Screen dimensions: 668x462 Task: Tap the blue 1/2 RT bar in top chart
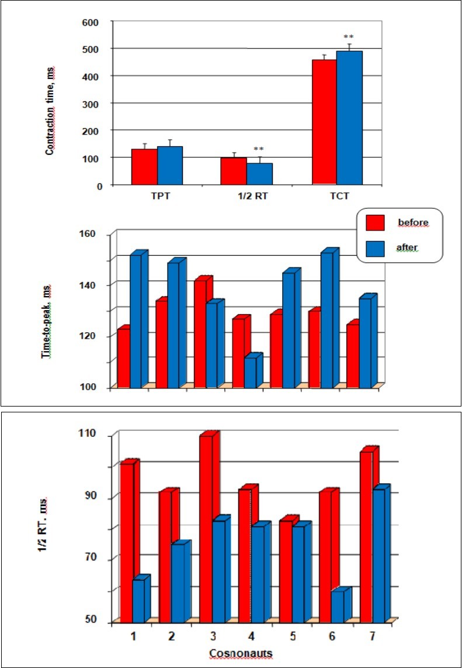[259, 174]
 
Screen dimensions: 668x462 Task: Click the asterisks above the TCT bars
[349, 37]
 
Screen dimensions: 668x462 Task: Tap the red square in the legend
[375, 223]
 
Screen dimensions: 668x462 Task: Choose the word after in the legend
[407, 248]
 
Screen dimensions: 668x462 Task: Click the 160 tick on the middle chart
[95, 234]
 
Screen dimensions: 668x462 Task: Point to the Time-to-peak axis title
[47, 321]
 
